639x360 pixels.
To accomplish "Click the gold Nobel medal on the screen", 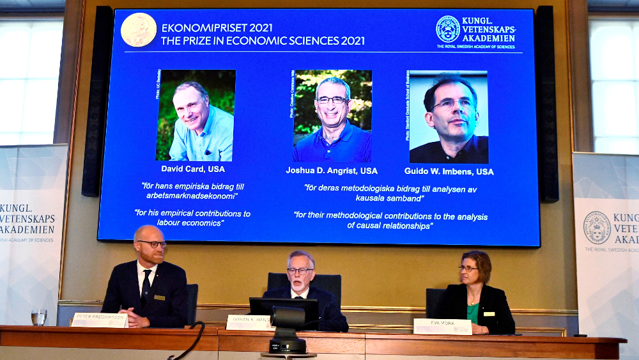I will coord(139,29).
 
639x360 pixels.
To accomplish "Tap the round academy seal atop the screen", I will coord(448,29).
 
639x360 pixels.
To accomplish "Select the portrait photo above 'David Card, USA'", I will coord(196,115).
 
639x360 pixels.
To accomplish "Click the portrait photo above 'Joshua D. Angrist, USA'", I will coord(332,116).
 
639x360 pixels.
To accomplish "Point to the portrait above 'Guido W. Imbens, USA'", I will coord(449,117).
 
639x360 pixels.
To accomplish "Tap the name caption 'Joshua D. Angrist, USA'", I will coord(332,171).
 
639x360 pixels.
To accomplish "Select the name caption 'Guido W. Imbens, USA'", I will coord(449,171).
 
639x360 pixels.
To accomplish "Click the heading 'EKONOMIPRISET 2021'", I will coord(217,27).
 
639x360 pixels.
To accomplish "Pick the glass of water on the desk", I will coord(39,317).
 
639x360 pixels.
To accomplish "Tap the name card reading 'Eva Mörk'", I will coord(442,326).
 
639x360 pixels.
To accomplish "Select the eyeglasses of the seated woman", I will coord(468,269).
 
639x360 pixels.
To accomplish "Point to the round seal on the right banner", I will coord(597,227).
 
